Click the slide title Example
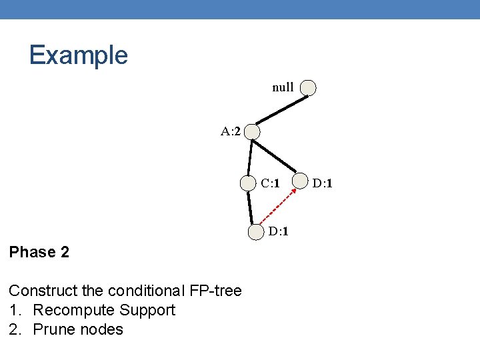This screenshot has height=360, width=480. [78, 55]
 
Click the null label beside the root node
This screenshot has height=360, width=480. [283, 87]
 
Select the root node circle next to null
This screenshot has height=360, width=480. [308, 87]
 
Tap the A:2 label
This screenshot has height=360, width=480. [231, 131]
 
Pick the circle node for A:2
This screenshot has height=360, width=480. [252, 132]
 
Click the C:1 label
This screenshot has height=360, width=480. [269, 183]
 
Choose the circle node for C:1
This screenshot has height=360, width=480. [249, 183]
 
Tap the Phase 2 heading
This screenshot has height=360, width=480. [39, 252]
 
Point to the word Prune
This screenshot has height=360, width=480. [52, 329]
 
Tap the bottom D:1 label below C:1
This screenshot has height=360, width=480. [279, 232]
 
